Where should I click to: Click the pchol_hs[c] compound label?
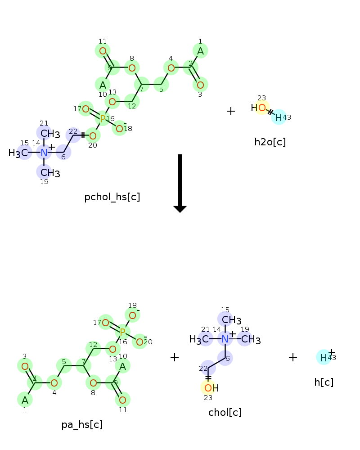[x=112, y=197]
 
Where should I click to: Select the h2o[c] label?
[x=270, y=142]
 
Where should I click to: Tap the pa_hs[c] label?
[x=82, y=425]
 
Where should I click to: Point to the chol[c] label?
[x=225, y=412]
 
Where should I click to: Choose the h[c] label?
[x=324, y=382]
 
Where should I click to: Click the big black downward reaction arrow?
[x=180, y=184]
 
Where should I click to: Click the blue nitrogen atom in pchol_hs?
[x=44, y=153]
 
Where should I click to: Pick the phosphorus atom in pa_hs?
[x=122, y=332]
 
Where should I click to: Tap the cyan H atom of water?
[x=279, y=117]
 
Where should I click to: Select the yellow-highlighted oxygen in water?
[x=262, y=108]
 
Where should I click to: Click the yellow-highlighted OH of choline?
[x=211, y=388]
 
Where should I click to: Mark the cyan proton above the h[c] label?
[x=324, y=358]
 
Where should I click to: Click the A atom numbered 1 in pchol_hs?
[x=200, y=51]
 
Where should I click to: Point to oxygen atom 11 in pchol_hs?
[x=103, y=51]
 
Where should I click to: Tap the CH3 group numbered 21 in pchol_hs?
[x=50, y=134]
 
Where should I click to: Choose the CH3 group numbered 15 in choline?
[x=231, y=320]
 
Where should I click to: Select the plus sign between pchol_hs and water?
[x=231, y=111]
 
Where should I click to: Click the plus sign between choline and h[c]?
[x=293, y=357]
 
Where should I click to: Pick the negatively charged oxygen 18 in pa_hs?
[x=132, y=315]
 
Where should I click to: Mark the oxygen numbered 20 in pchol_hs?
[x=93, y=136]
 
